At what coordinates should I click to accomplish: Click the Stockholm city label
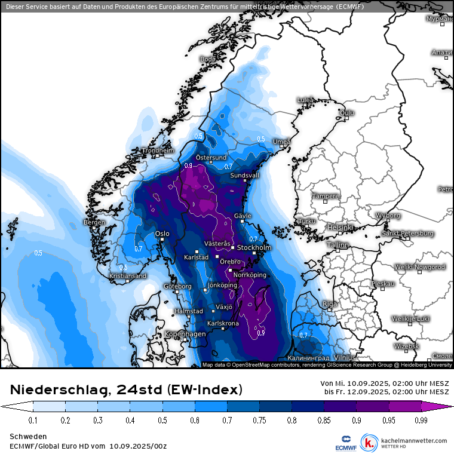click(254, 247)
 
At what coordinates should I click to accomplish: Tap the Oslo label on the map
click(162, 234)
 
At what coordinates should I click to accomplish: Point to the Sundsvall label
click(245, 176)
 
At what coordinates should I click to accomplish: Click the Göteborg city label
click(177, 286)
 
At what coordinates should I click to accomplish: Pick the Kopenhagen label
click(185, 333)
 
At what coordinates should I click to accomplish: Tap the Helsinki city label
click(341, 228)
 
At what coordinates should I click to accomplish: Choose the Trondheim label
click(158, 151)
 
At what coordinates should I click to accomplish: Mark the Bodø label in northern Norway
click(207, 59)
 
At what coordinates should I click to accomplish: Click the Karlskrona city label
click(223, 323)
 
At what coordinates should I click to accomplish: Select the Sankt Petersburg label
click(408, 233)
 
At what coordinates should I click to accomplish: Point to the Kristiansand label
click(128, 276)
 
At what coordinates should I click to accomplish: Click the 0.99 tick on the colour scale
click(421, 421)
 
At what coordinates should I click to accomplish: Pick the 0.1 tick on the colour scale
click(33, 421)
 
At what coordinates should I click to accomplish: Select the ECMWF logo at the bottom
click(344, 443)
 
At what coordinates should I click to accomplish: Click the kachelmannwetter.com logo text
click(413, 441)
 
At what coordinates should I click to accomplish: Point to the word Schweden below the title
click(26, 437)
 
